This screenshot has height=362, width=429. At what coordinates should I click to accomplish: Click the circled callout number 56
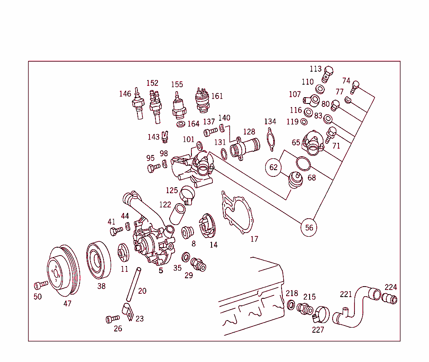[309, 228]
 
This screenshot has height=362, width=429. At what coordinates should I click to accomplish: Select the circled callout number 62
[273, 168]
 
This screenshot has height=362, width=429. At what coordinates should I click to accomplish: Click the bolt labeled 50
[41, 285]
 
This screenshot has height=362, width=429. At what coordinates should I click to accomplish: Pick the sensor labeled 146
[138, 105]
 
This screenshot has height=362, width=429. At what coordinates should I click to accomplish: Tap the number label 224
[390, 287]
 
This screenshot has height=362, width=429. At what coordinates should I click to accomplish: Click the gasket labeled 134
[270, 139]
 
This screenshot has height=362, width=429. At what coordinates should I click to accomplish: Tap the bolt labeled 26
[112, 319]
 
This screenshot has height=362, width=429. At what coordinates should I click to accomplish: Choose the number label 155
[177, 85]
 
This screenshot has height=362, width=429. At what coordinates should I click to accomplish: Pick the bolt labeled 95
[153, 168]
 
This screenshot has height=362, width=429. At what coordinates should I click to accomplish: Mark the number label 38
[101, 286]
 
